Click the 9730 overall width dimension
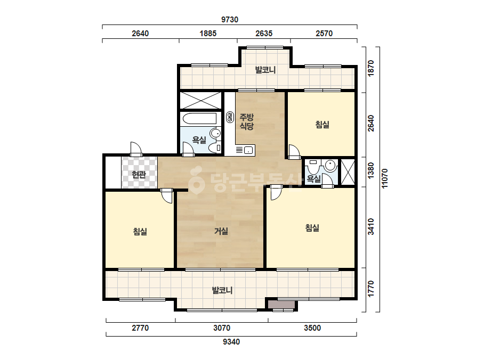point(230,20)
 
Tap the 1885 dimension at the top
point(208,33)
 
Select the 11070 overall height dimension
point(385,178)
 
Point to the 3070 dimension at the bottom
point(222,328)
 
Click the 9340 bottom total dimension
point(231,342)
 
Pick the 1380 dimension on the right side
point(371,170)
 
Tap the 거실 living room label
point(221,231)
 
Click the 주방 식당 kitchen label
point(247,121)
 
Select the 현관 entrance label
point(139,174)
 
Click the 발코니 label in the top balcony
point(265,70)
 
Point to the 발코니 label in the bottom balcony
point(222,290)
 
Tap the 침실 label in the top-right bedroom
point(322,125)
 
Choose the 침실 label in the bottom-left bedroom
point(140,232)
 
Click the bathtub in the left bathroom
point(200,119)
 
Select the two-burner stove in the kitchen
point(230,117)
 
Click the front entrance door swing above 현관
point(136,149)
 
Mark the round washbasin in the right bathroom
point(330,165)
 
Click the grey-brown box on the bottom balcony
point(281,304)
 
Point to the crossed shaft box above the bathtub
point(201,100)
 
